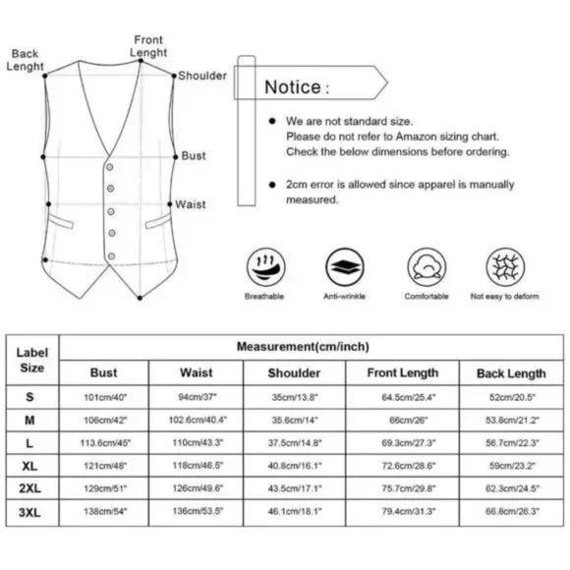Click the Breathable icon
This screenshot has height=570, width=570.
[265, 267]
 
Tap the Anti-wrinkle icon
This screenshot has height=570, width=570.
[345, 267]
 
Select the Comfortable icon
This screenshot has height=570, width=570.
[427, 267]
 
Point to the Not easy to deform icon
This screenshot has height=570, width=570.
[505, 267]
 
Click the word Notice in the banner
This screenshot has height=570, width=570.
[293, 87]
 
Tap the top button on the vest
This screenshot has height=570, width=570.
[109, 167]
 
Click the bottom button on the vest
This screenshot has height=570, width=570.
[112, 256]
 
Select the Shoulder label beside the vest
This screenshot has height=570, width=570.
[202, 76]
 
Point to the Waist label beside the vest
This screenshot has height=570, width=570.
[190, 204]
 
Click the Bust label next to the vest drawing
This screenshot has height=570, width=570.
[194, 155]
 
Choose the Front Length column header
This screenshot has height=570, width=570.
[403, 373]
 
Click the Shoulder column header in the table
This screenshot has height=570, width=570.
[294, 373]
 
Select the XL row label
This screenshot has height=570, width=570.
[29, 466]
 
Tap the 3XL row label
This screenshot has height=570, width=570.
[29, 512]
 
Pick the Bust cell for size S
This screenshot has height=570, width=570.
[105, 397]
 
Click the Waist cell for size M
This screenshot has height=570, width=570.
[198, 420]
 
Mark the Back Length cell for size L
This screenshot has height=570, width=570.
[512, 443]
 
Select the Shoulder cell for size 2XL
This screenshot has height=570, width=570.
[295, 488]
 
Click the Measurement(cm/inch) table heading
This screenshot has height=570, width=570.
[303, 347]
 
